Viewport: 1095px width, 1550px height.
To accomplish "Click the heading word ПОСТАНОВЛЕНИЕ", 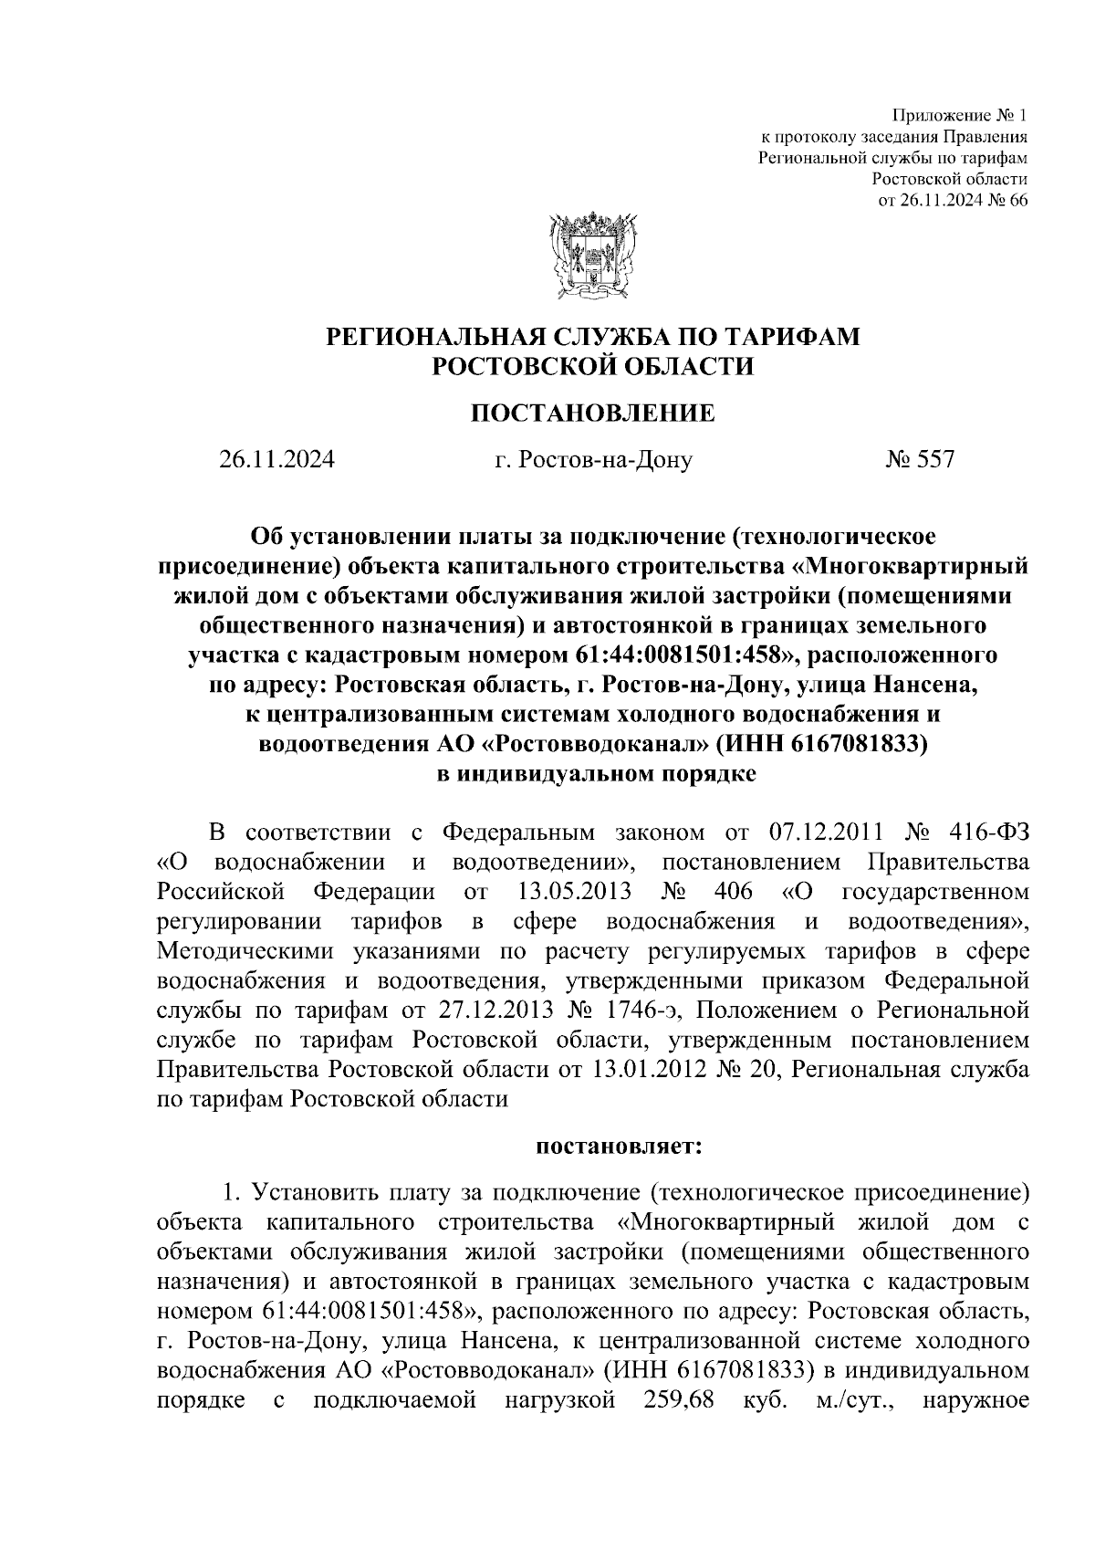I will (x=592, y=414).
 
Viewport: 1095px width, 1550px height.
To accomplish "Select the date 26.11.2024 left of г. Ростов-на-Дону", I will (x=276, y=459).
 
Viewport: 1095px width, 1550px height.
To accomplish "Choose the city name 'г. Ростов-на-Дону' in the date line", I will (x=593, y=459).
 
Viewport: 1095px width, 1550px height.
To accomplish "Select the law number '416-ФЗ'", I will (x=985, y=833).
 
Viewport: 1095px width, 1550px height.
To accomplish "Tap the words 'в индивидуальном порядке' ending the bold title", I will (x=592, y=774).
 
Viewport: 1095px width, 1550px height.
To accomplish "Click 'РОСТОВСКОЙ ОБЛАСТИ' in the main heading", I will (x=592, y=367).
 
